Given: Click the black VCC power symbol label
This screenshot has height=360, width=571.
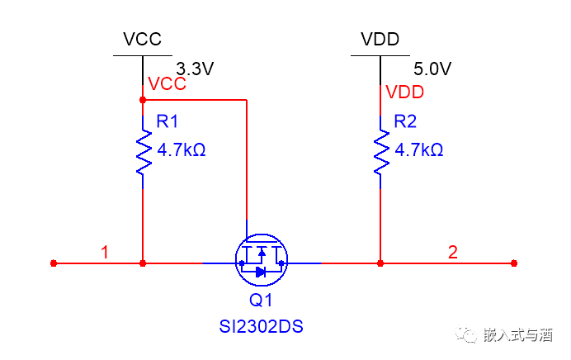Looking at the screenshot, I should [x=142, y=39].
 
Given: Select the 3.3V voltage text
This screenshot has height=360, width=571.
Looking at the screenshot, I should [x=195, y=69].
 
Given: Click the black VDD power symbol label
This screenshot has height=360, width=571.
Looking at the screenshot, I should [x=380, y=39].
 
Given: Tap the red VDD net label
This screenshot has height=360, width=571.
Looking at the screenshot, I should [x=404, y=91].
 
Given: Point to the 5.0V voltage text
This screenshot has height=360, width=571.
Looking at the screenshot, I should [x=432, y=69].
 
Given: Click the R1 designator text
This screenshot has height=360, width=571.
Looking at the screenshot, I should [x=168, y=121].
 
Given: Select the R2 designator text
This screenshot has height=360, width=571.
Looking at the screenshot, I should [x=405, y=121].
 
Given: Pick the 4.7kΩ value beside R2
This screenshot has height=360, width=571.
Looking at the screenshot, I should [x=418, y=150].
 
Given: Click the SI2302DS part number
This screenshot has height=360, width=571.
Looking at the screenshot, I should [x=262, y=327].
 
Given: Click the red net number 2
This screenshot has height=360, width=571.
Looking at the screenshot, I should [x=452, y=252].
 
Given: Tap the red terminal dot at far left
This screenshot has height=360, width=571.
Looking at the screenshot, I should [x=54, y=263].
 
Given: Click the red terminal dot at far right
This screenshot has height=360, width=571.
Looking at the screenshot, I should [x=514, y=263].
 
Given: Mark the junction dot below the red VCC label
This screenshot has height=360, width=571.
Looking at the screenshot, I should [x=144, y=100].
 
